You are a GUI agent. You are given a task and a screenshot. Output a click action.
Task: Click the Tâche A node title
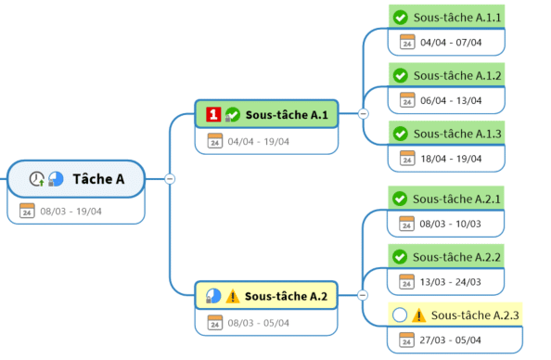click(x=98, y=179)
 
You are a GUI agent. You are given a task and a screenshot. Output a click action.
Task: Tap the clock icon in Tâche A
click(x=36, y=179)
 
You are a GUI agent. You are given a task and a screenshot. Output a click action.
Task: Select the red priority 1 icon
click(x=213, y=114)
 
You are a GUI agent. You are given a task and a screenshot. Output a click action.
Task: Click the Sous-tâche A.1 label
click(x=287, y=115)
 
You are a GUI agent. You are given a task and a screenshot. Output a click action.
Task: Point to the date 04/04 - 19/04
click(x=258, y=141)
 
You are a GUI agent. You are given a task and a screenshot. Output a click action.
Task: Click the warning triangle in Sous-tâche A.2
click(x=232, y=296)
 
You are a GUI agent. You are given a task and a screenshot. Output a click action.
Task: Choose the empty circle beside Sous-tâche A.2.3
click(x=400, y=315)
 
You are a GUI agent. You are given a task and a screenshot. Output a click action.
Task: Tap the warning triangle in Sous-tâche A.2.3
click(x=418, y=315)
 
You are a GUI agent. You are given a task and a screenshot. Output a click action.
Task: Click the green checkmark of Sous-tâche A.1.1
click(x=400, y=18)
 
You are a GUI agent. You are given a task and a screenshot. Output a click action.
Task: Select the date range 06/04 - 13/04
click(x=451, y=100)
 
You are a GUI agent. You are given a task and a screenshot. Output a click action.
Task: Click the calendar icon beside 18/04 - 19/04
click(x=407, y=159)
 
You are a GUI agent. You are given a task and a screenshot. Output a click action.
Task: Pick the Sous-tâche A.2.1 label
click(x=456, y=199)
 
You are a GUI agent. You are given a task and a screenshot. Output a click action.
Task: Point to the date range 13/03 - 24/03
click(x=450, y=282)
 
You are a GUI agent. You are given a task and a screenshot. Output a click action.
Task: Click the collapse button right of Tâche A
click(x=170, y=179)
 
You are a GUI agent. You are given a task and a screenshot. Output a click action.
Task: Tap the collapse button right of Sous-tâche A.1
click(x=364, y=113)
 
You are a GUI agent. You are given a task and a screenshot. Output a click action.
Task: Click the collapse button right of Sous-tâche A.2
click(x=363, y=295)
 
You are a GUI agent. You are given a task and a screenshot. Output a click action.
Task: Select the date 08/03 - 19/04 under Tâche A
click(x=70, y=212)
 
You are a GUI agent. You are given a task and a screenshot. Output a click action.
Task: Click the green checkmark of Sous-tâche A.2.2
click(x=400, y=257)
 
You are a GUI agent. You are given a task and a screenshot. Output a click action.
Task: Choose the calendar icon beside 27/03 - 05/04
click(x=406, y=340)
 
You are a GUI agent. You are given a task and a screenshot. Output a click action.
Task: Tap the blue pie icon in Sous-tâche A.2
click(x=213, y=296)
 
